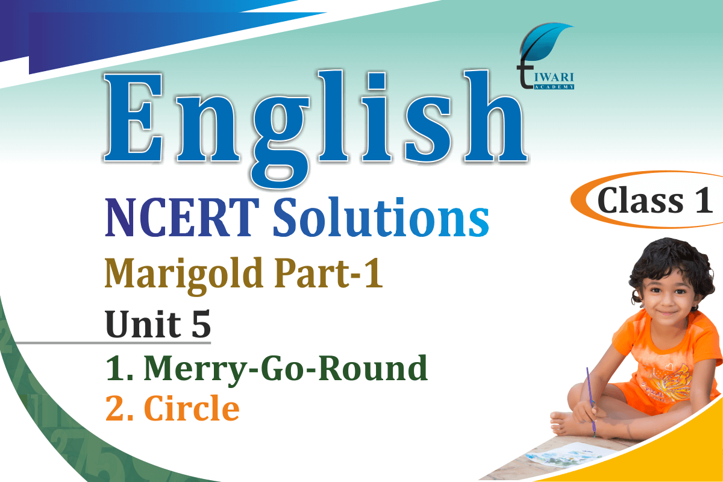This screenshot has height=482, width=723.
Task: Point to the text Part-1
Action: [x=328, y=273]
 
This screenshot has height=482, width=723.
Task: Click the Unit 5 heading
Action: [x=158, y=324]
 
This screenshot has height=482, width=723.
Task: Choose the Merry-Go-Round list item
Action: [x=266, y=369]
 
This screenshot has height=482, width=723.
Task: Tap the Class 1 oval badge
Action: [x=647, y=200]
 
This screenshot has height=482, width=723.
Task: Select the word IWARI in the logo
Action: [x=554, y=78]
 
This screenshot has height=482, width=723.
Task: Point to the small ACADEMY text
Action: [x=554, y=87]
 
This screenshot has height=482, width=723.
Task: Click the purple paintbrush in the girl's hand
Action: [x=590, y=402]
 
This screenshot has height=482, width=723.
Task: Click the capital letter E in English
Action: [x=134, y=118]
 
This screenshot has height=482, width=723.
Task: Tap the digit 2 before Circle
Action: [x=114, y=408]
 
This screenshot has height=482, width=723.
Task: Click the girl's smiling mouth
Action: [x=666, y=313]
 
